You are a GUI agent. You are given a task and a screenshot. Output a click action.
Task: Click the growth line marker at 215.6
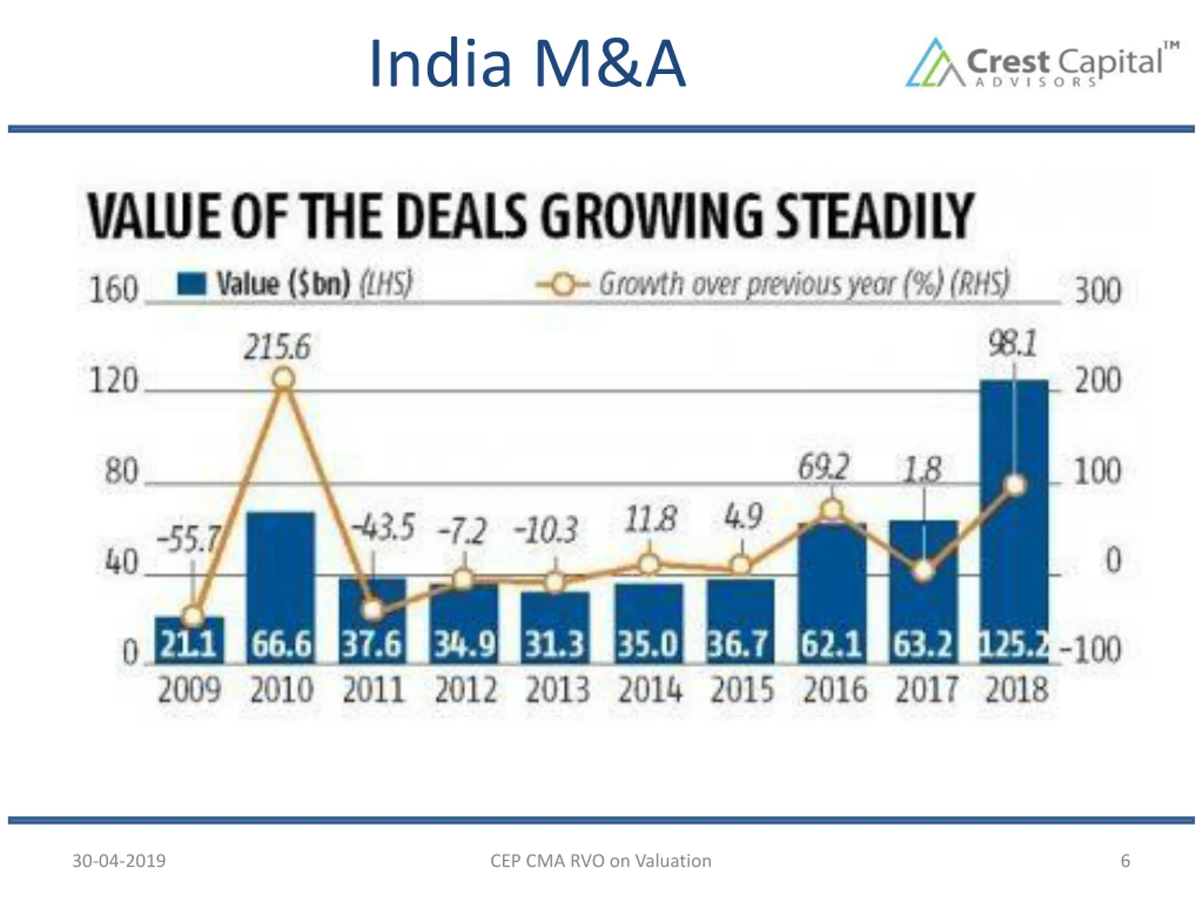tap(283, 378)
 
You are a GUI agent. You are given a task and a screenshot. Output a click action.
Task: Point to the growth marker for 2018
tap(1016, 485)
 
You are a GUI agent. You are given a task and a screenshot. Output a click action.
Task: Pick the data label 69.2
tap(823, 467)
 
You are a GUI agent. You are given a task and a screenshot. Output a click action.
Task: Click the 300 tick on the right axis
tap(1097, 291)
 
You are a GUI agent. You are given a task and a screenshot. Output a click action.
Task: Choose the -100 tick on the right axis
tap(1090, 650)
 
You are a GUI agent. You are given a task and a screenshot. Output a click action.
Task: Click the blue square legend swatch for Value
tap(191, 284)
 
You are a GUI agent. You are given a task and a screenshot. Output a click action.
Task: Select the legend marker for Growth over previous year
tap(563, 284)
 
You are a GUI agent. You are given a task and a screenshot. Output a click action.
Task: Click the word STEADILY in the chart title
tap(875, 216)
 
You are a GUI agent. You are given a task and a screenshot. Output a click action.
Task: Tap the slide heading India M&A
tap(526, 63)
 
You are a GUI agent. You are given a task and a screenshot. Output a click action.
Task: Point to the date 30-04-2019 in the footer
tap(119, 861)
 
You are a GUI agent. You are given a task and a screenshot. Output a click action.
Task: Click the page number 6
tap(1125, 861)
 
